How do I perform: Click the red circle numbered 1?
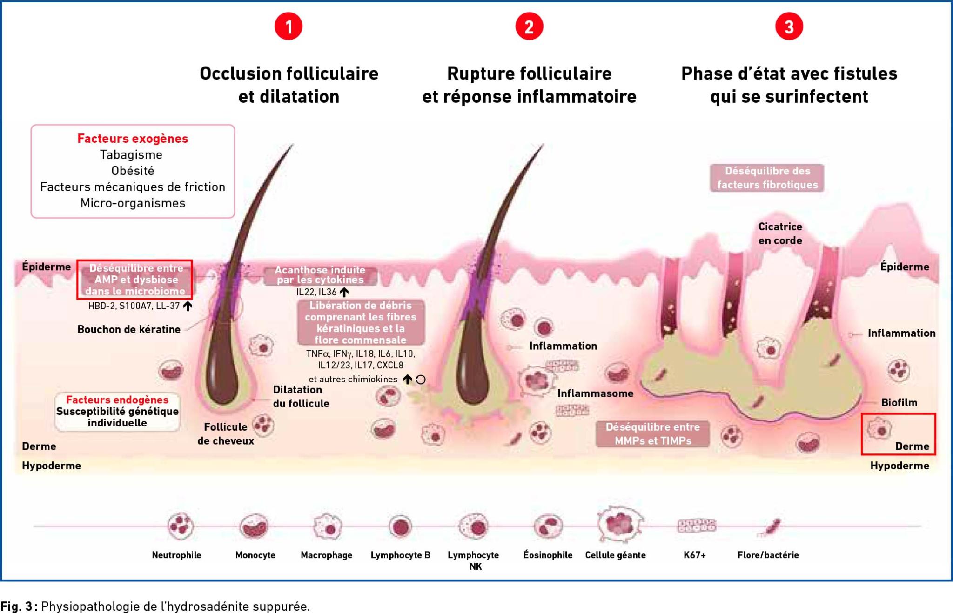coord(289,27)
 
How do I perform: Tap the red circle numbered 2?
coord(529,27)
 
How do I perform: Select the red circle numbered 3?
coord(789,27)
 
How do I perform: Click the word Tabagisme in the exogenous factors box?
coord(131,155)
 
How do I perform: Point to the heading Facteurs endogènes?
coord(117,400)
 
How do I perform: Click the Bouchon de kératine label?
coord(129,329)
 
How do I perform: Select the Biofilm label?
coord(899,403)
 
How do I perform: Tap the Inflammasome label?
coord(595,393)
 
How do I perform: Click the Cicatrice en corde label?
coord(780,233)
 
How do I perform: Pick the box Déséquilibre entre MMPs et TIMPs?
coord(653,433)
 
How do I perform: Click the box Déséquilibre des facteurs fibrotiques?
coord(767,178)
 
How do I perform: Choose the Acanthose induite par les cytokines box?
coord(320,275)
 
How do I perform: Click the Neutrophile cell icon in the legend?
coord(180,526)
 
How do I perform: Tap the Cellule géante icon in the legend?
coord(620,525)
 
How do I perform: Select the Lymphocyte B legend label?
coord(400,555)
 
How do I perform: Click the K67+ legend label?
coord(695,555)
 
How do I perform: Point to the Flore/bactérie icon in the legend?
coord(769,527)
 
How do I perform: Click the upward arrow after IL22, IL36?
coord(344,292)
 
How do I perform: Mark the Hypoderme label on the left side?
coord(51,466)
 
